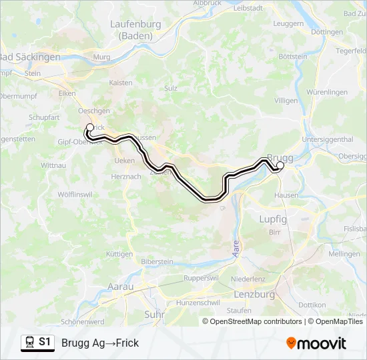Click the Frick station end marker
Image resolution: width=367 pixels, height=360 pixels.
[x=90, y=127]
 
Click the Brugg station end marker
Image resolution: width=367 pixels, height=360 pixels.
[x=280, y=165]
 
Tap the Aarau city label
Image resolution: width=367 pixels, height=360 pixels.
[x=121, y=287]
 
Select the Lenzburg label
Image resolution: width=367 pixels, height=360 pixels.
[x=255, y=294]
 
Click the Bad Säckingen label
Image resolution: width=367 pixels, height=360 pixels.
[x=30, y=57]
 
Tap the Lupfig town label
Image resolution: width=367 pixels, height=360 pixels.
[x=272, y=219]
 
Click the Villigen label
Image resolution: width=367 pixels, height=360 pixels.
[x=286, y=100]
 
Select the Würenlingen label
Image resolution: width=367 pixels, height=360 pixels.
[x=327, y=92]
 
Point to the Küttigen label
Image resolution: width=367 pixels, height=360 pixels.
[x=119, y=254]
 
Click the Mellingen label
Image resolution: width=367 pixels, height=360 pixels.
[x=344, y=254]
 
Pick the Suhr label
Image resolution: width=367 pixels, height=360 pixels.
[x=154, y=313]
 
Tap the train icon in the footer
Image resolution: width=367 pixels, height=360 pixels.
[x=29, y=343]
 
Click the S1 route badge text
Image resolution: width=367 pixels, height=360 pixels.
[x=45, y=343]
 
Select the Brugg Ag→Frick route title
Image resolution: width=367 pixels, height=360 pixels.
[x=100, y=343]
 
